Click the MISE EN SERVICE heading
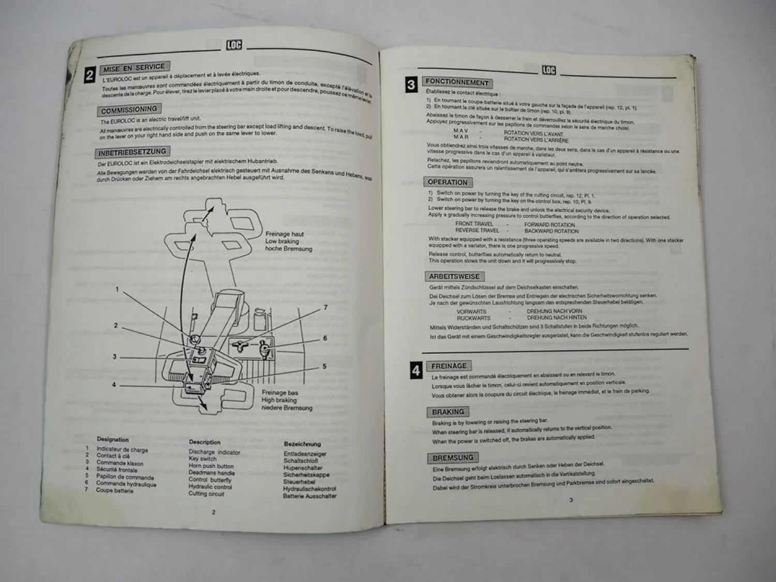click(x=134, y=68)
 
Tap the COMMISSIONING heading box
click(x=129, y=110)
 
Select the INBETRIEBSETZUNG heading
click(x=132, y=152)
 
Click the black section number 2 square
click(x=89, y=76)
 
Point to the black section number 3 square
click(x=411, y=85)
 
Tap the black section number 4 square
click(x=416, y=370)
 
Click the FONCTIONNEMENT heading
click(x=457, y=82)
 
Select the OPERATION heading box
click(x=447, y=182)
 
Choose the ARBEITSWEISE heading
click(x=454, y=276)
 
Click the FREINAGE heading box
click(x=449, y=366)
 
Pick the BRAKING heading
click(x=448, y=412)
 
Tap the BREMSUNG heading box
click(x=452, y=457)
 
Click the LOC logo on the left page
click(x=234, y=45)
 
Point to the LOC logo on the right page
click(x=549, y=70)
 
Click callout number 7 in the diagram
click(x=325, y=307)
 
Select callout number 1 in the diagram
click(x=117, y=289)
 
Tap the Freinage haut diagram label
click(x=285, y=234)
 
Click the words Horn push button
click(x=211, y=466)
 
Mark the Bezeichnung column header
click(x=302, y=444)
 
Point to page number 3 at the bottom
click(x=571, y=500)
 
